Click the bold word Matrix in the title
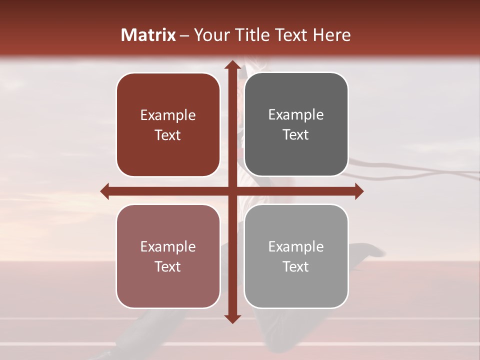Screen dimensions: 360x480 coord(148,35)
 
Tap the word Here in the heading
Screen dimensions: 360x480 coord(331,35)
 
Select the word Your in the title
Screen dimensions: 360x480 coord(209,35)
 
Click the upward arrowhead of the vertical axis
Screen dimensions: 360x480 coord(232,64)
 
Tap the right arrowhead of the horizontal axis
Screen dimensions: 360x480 coord(358,191)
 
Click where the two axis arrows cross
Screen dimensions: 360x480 coord(232,191)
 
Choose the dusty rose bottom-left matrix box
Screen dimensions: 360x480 coord(168,285)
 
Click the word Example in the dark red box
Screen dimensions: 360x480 coord(168,115)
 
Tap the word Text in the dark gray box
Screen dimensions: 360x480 coord(296,135)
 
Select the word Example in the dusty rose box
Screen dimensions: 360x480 coord(168,247)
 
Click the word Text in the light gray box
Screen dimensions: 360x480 coord(296,267)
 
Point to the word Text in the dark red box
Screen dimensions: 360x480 coord(168,135)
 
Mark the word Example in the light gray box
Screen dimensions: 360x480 coord(296,247)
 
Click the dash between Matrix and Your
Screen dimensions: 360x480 coord(184,35)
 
